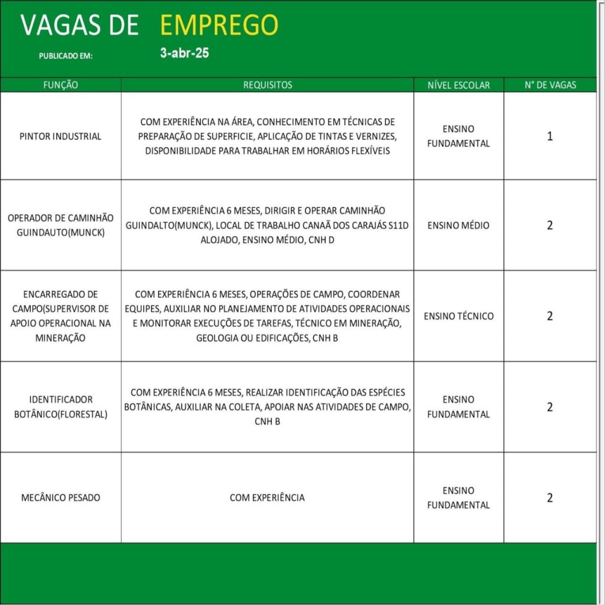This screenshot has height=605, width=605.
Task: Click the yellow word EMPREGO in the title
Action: [x=219, y=25]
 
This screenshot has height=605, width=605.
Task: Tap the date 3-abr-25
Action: [x=184, y=53]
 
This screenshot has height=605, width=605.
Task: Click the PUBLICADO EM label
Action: [x=66, y=56]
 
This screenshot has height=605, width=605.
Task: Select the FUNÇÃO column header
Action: [x=60, y=85]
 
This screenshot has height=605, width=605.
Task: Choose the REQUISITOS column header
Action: [x=268, y=85]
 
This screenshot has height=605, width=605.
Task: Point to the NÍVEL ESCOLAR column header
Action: [x=458, y=85]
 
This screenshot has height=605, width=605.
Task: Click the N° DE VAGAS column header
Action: [x=550, y=85]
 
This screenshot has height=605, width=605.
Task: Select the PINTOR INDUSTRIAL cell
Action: [x=60, y=136]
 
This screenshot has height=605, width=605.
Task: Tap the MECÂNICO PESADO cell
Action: [x=60, y=497]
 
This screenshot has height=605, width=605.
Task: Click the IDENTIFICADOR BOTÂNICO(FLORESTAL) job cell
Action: [x=60, y=406]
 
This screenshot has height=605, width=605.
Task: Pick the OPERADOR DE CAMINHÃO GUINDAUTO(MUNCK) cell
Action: [x=60, y=225]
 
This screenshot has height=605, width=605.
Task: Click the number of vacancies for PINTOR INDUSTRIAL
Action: [x=550, y=136]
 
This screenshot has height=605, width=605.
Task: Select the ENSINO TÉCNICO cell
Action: [x=458, y=316]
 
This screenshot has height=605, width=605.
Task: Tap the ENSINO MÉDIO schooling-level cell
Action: [x=458, y=225]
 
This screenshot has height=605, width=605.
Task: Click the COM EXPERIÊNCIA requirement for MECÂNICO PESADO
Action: [x=267, y=497]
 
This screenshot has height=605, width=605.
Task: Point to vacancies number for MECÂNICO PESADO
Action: [x=550, y=497]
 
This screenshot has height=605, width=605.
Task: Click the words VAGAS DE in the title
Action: [x=80, y=25]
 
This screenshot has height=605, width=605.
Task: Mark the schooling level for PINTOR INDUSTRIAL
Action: [x=458, y=136]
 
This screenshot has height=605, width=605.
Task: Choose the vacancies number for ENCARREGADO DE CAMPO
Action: [x=550, y=316]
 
